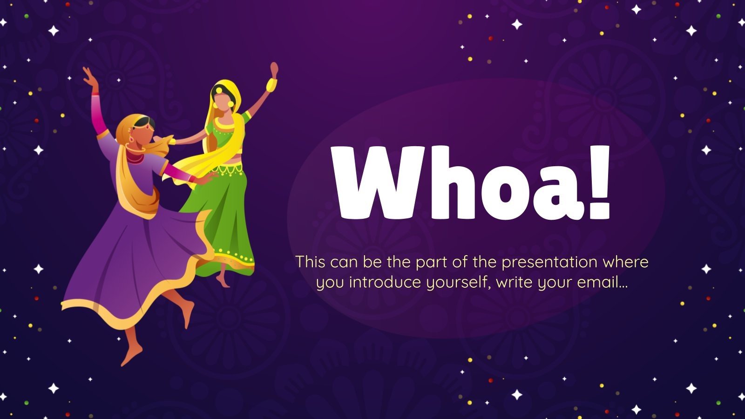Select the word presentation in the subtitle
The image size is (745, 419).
[549, 262]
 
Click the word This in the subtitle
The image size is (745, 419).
[310, 262]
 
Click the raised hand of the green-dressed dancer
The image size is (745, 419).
[274, 69]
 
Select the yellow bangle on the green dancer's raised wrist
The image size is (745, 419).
[271, 84]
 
